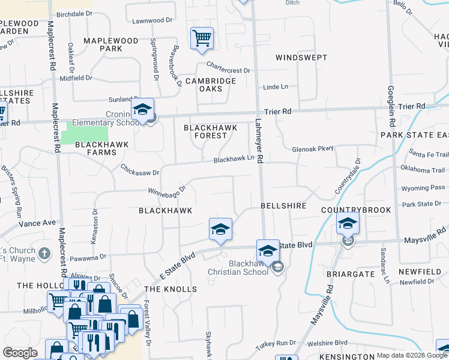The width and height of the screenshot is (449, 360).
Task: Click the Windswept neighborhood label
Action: [x=301, y=58]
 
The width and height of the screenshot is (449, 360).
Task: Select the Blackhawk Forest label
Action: [x=210, y=132]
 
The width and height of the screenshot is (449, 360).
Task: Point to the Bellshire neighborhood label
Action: [x=284, y=206]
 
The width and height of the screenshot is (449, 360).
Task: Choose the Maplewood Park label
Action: [x=110, y=44]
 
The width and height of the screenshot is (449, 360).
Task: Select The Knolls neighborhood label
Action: [x=170, y=289]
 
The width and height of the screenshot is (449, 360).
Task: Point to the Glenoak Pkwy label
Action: [x=312, y=149]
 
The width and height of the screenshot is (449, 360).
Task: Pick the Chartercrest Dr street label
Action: [x=228, y=67]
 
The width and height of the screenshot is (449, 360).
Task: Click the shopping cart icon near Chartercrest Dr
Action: [x=202, y=38]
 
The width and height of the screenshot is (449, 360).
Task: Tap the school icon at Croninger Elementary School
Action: [x=142, y=109]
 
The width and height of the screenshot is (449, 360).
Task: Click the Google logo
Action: [x=20, y=353]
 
